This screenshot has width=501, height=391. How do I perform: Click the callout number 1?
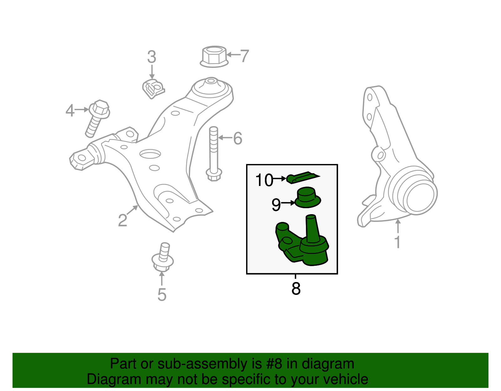(x=397, y=242)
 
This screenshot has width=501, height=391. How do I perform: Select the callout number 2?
(x=122, y=220)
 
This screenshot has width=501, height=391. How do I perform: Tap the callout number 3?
(x=152, y=57)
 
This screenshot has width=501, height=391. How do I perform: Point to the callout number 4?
(x=70, y=111)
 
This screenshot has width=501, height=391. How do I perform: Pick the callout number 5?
(x=162, y=295)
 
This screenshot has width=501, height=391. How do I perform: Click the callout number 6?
(x=238, y=138)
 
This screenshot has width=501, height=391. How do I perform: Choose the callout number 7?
(x=244, y=56)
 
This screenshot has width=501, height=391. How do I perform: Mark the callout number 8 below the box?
(x=296, y=289)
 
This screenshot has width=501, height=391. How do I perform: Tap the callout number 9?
(x=276, y=205)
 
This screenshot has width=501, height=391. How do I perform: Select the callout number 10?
(x=264, y=180)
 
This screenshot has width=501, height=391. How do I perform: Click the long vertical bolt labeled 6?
(x=214, y=153)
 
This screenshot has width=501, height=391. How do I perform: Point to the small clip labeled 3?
(x=152, y=89)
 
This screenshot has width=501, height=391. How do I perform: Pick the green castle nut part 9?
(x=308, y=198)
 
